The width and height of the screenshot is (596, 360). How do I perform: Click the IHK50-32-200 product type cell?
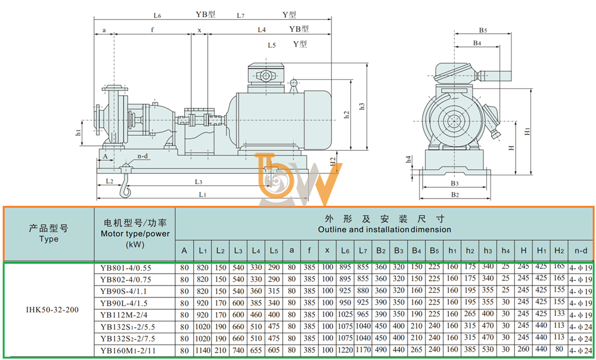(52, 309)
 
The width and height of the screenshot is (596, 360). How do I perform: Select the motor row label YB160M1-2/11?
(128, 350)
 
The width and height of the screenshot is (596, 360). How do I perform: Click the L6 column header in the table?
(344, 250)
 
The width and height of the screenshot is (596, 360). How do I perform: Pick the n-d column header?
(581, 250)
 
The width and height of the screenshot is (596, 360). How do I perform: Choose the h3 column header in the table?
(488, 250)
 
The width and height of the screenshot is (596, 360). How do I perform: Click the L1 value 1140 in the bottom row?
(203, 350)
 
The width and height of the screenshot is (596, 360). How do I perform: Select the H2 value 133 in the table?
(559, 314)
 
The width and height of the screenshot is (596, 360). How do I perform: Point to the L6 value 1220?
(345, 350)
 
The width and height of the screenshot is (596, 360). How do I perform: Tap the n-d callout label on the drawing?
(142, 156)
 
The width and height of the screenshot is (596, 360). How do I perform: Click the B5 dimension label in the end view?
(483, 30)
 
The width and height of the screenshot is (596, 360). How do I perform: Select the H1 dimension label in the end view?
(527, 132)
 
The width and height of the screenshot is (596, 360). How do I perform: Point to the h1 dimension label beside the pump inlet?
(78, 133)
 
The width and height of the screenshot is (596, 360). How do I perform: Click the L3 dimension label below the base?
(198, 182)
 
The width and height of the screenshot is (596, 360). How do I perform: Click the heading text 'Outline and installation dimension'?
(384, 229)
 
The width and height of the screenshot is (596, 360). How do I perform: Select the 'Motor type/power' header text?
(135, 234)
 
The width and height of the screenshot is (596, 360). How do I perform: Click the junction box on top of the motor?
(266, 75)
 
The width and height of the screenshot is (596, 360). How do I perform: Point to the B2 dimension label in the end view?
(455, 195)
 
